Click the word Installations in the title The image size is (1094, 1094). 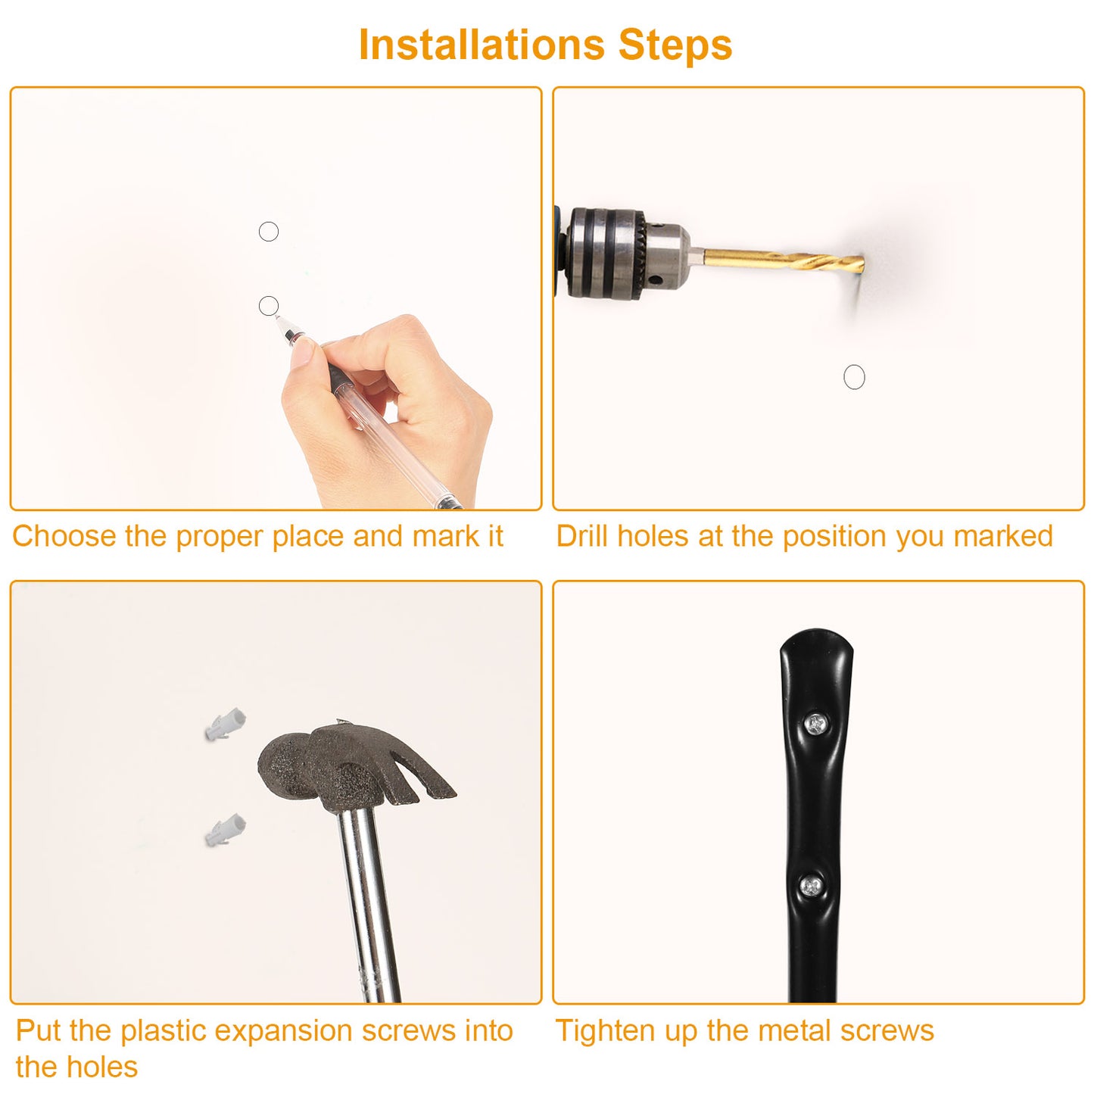[482, 44]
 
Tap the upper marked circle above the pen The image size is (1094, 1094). [269, 232]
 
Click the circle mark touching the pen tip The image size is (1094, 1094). [269, 306]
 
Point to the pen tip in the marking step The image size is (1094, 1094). [278, 318]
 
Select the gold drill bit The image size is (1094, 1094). [784, 260]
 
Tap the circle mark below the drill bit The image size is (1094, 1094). [854, 377]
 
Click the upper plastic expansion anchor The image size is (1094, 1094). [226, 724]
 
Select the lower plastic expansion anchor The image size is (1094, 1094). [226, 830]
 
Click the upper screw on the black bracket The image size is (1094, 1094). [816, 724]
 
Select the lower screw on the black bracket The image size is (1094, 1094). [812, 887]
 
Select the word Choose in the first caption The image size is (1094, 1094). [64, 536]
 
